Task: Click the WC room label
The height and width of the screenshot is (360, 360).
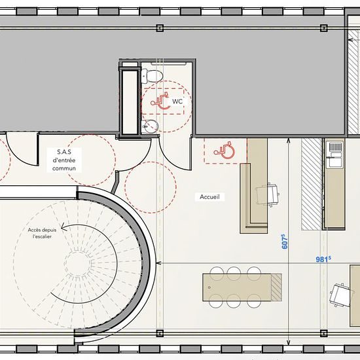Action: (x=177, y=101)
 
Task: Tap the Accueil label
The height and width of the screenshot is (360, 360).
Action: (x=209, y=197)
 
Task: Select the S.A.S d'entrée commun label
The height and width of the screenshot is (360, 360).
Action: (x=64, y=160)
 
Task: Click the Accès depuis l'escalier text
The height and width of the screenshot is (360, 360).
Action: (x=42, y=233)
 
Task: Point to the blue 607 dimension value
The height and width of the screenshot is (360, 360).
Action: (x=285, y=242)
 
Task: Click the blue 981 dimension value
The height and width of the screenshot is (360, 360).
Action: (x=323, y=259)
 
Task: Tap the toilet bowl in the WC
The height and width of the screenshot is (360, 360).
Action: (x=152, y=76)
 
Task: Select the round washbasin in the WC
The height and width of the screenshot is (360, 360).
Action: (x=151, y=126)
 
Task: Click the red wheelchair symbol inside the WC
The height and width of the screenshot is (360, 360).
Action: (x=160, y=101)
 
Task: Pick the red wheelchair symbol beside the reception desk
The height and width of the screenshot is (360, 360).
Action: (x=224, y=151)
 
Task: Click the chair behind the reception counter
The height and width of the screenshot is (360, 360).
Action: (x=268, y=195)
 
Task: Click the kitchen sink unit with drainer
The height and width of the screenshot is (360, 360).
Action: (x=335, y=154)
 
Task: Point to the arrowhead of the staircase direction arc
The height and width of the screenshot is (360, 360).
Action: (x=63, y=227)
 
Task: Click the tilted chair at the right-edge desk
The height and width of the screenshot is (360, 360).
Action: (x=341, y=295)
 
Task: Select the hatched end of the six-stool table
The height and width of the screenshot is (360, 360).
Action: (x=276, y=287)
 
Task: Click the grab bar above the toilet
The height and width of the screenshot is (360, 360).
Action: (x=168, y=63)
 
